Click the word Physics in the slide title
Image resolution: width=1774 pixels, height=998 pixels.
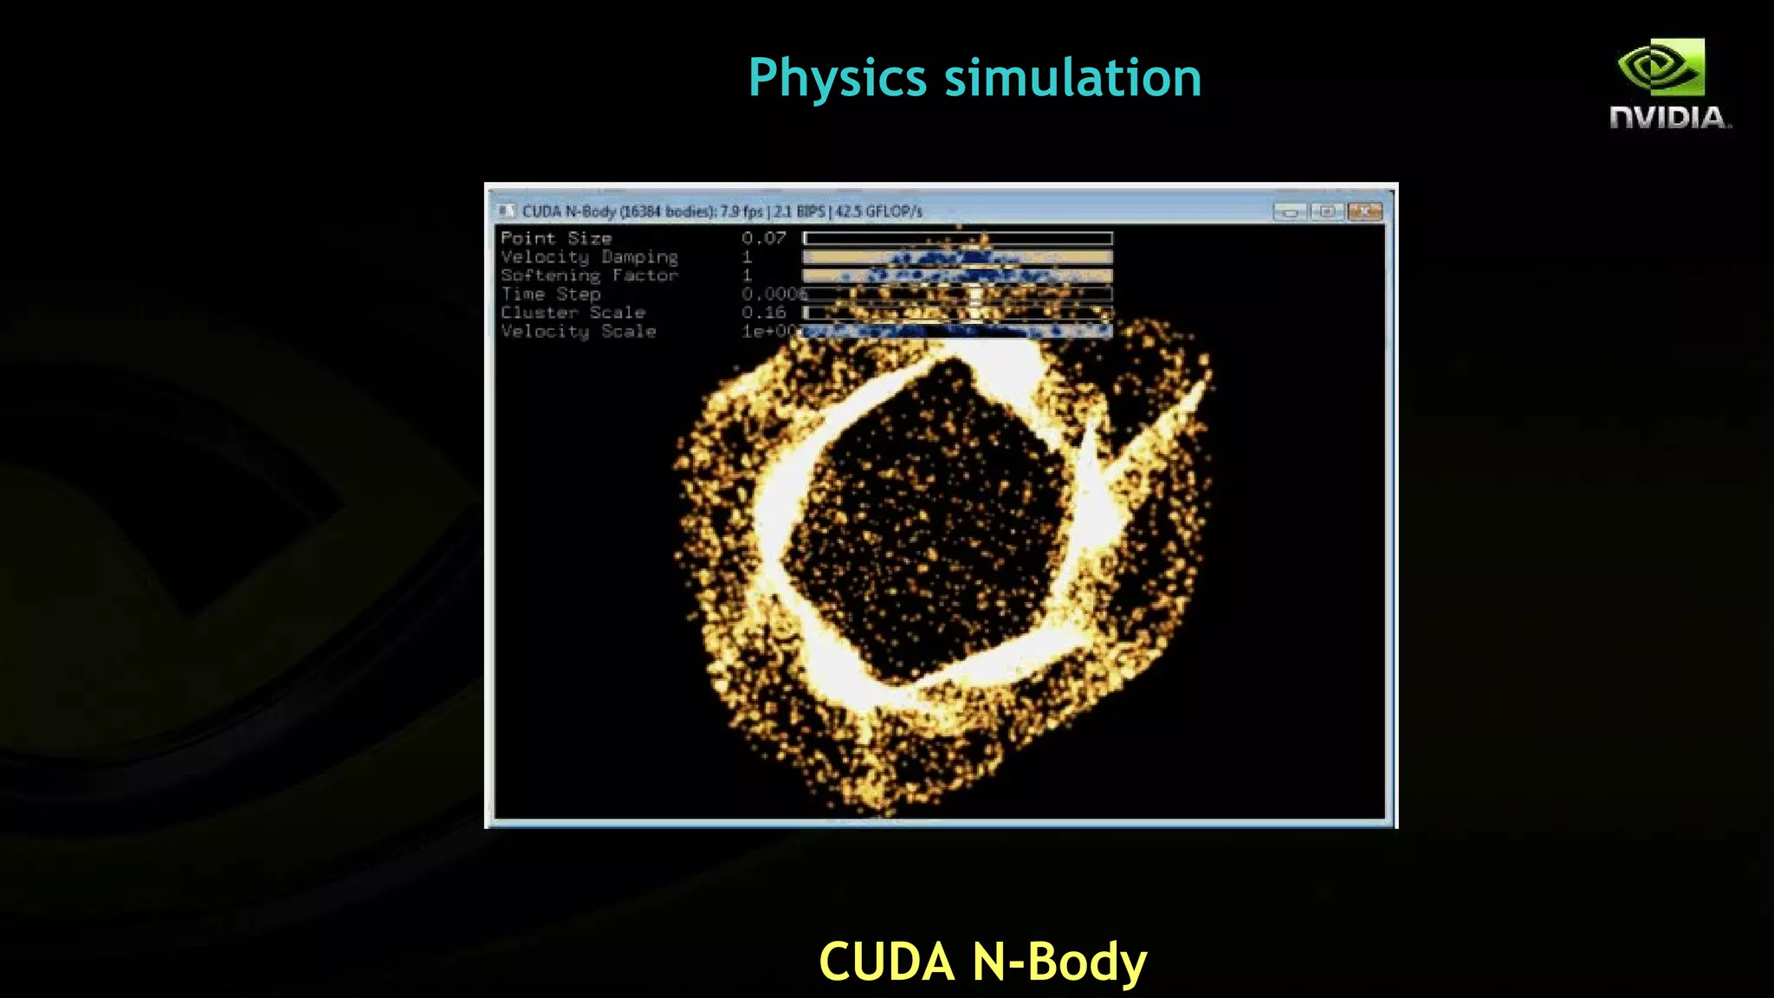(x=838, y=78)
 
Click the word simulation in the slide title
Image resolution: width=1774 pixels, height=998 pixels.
(x=1072, y=78)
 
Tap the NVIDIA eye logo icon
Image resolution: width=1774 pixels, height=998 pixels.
(x=1661, y=67)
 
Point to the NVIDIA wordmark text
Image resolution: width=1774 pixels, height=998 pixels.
(x=1669, y=118)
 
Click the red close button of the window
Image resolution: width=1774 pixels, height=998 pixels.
(x=1364, y=211)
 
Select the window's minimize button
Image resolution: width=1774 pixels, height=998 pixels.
(x=1290, y=211)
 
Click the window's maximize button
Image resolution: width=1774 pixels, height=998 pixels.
(x=1327, y=211)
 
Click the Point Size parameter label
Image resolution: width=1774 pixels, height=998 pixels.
(x=556, y=238)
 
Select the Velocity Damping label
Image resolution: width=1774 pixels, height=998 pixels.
(x=589, y=257)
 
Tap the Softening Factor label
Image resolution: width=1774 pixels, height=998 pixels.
(x=589, y=275)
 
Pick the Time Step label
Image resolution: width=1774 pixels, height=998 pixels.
(x=550, y=295)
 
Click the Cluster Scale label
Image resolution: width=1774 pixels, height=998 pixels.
(x=573, y=313)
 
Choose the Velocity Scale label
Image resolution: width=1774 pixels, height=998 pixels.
(x=578, y=332)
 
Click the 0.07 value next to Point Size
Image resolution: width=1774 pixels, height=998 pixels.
(x=763, y=238)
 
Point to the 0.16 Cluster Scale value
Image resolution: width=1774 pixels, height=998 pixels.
(x=763, y=313)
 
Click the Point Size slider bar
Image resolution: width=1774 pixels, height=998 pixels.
(x=957, y=238)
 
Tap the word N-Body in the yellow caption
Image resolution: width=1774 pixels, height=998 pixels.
(x=1059, y=962)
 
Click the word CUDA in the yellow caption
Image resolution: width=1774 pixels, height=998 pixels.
(x=886, y=962)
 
